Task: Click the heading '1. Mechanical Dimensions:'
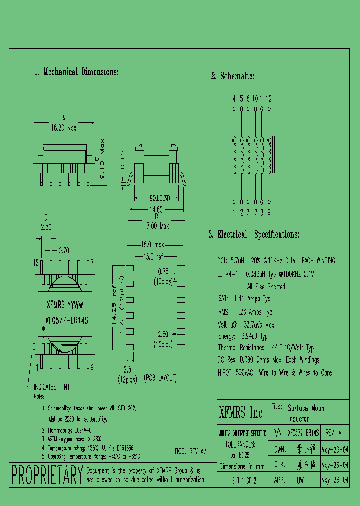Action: tap(76, 72)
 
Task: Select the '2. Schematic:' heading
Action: tap(233, 76)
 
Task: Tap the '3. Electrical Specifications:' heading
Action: tap(254, 234)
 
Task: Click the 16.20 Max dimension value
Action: tap(63, 128)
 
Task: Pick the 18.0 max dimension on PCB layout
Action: tap(153, 245)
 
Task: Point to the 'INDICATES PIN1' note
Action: tap(51, 387)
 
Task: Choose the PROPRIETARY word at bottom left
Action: tap(47, 474)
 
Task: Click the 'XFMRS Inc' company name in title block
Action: tap(241, 412)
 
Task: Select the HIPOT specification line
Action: tap(274, 373)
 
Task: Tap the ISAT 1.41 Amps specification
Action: tap(245, 299)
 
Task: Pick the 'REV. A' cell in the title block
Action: tap(334, 432)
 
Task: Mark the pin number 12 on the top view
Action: tap(36, 262)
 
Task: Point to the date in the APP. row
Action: tap(334, 479)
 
